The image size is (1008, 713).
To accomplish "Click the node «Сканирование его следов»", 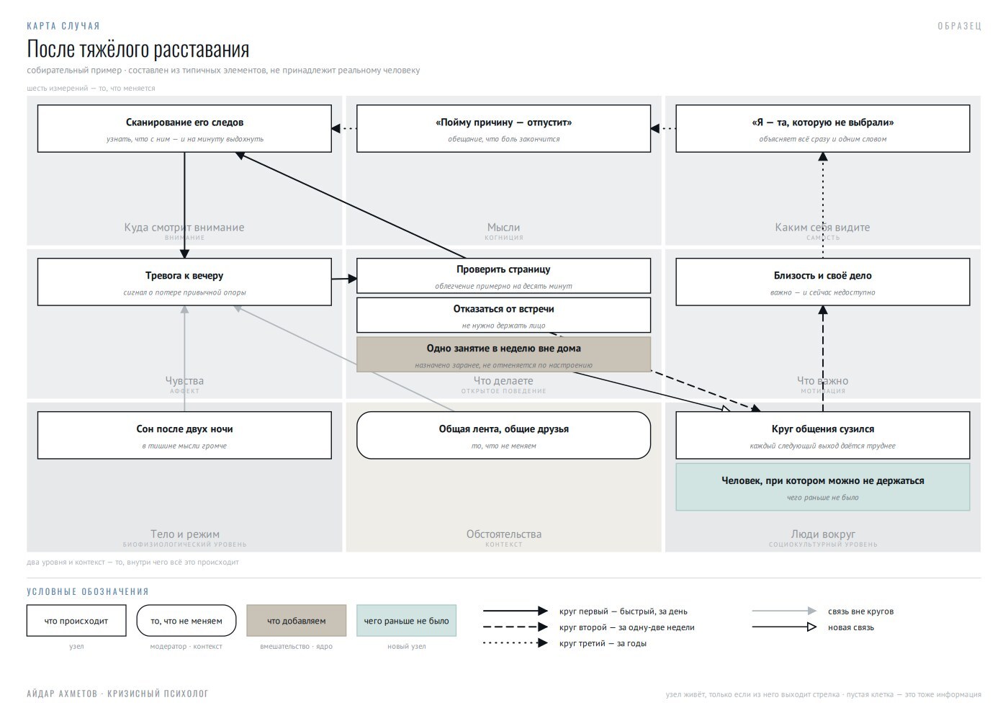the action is (x=184, y=129).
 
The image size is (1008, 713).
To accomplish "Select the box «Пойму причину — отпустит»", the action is (x=503, y=129).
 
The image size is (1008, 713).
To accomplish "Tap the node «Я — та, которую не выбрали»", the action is (x=822, y=129).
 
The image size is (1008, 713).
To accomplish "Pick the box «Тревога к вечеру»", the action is (x=184, y=282).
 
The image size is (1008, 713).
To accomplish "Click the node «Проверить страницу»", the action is (x=503, y=275).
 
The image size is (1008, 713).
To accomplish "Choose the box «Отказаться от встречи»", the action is (x=503, y=315).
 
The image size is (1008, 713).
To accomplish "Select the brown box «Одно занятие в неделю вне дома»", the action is (x=503, y=354).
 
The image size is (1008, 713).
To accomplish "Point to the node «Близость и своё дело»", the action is (x=822, y=282).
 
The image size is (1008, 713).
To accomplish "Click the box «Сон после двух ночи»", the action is (x=184, y=435).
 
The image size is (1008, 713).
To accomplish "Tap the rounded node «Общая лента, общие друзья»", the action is (x=503, y=435).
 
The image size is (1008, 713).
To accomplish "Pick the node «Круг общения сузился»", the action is (x=822, y=435).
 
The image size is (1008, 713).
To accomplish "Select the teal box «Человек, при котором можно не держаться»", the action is (x=822, y=487).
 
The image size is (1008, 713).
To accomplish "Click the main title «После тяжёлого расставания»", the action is (x=138, y=49).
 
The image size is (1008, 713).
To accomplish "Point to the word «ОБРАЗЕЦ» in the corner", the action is (x=959, y=26).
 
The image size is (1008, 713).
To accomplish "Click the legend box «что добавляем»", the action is (x=296, y=621).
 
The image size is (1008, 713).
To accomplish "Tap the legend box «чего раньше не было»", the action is (x=406, y=621).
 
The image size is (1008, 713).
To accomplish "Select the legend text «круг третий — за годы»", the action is (x=603, y=643).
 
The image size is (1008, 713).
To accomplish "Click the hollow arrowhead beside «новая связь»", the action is (x=811, y=627).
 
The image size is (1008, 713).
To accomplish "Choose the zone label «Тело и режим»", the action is (x=184, y=534).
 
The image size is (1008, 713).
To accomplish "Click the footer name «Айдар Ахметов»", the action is (x=62, y=694).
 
